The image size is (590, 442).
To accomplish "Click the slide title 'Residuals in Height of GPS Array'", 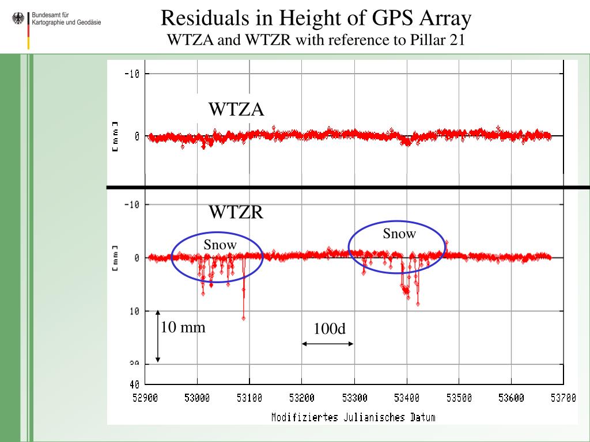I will (x=316, y=18).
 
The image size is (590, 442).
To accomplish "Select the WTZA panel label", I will (x=236, y=109).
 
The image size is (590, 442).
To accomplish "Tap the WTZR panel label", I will (x=236, y=212).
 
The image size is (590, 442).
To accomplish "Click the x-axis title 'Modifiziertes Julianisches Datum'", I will (x=353, y=417).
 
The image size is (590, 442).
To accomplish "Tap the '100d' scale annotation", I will (x=330, y=329).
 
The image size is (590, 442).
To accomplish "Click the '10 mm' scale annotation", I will (x=183, y=327).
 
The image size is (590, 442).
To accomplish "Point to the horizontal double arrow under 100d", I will (x=327, y=344).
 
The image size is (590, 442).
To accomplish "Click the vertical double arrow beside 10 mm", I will (x=158, y=336).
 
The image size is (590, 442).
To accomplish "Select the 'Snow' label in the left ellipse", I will (x=220, y=245).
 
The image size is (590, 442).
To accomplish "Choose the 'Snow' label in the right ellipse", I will (x=399, y=233).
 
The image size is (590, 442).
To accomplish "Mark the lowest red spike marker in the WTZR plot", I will (x=244, y=318).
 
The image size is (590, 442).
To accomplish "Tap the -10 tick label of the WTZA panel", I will (x=133, y=73).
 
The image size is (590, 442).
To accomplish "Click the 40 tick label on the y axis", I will (x=134, y=384).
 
